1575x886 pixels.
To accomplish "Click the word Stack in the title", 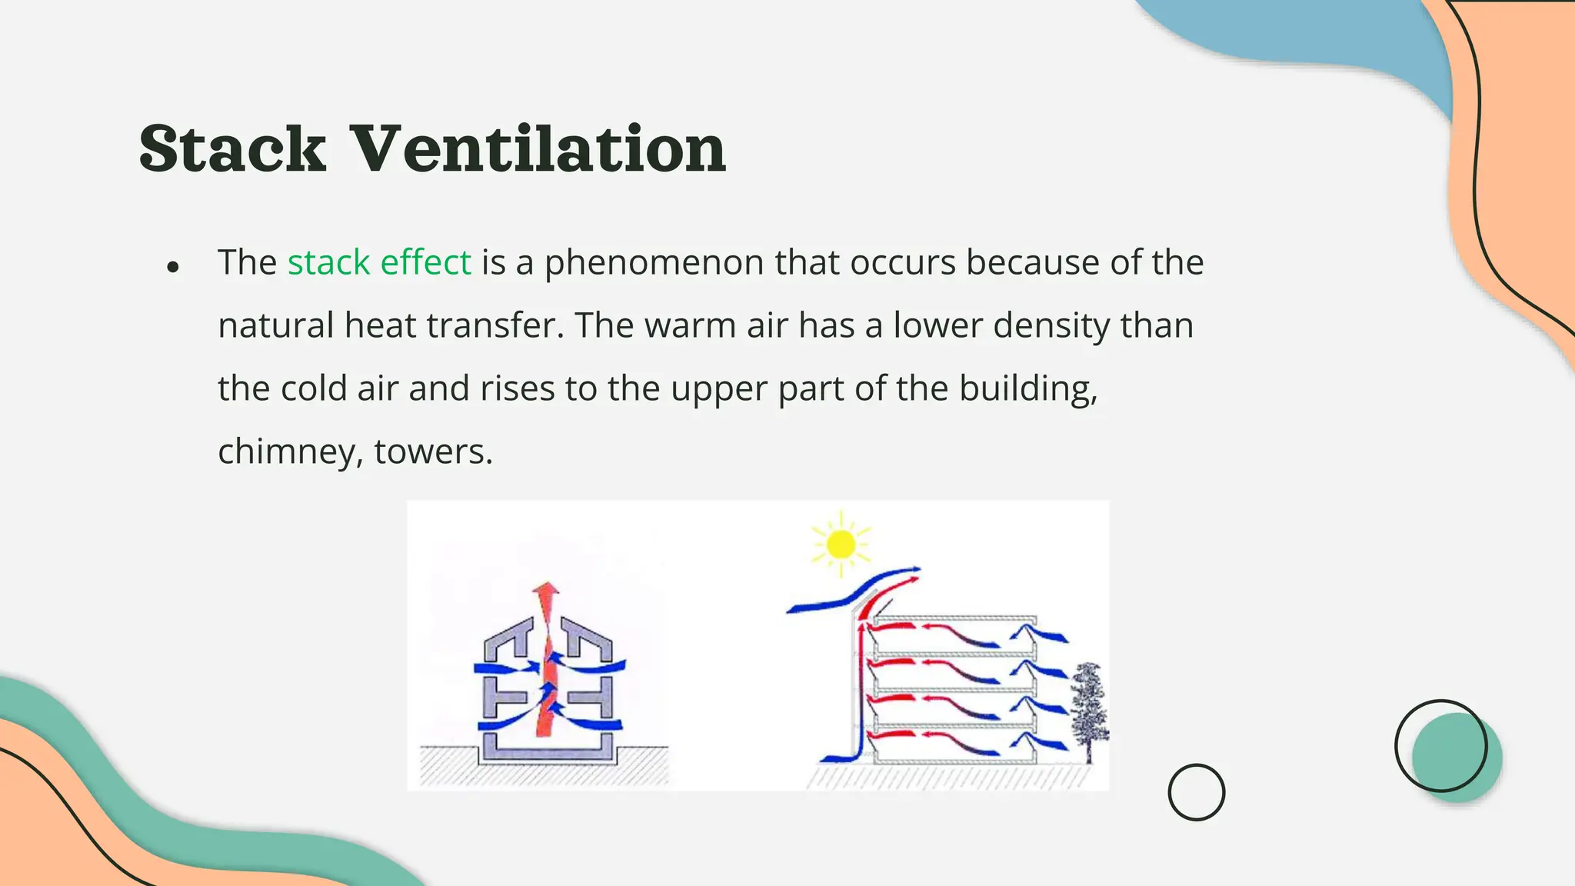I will pos(232,148).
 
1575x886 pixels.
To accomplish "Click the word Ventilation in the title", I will pos(538,148).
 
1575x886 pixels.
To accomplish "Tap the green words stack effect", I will pos(379,262).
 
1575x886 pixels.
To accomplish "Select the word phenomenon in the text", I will pos(654,262).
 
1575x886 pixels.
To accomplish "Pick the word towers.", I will pos(433,451).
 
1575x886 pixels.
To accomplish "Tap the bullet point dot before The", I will pos(173,267).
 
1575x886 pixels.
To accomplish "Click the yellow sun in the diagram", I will pos(841,545).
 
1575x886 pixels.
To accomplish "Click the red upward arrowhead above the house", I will pos(547,595).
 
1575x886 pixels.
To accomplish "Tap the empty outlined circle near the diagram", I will pos(1196,791).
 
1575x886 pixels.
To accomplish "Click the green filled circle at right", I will pos(1457,758).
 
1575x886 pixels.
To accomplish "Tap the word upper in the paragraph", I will pos(719,388).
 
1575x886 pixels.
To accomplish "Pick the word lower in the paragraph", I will pos(937,325).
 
